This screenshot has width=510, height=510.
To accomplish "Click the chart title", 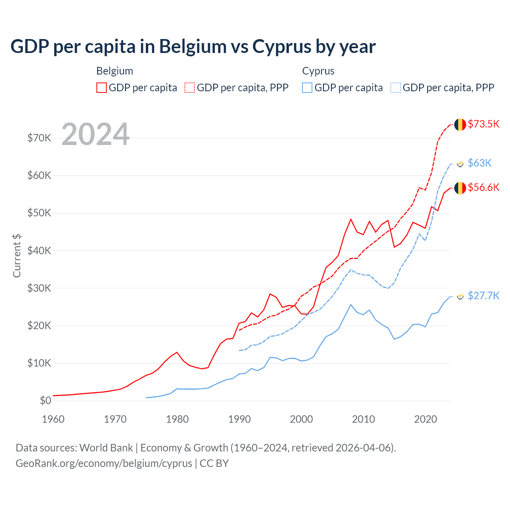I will pyautogui.click(x=193, y=47).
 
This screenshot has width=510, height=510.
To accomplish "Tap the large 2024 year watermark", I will pyautogui.click(x=96, y=134).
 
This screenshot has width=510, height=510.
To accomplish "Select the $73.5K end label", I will pyautogui.click(x=483, y=124).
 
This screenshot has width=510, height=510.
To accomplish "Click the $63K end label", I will pyautogui.click(x=480, y=163).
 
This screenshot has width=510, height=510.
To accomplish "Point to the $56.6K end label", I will pyautogui.click(x=483, y=187).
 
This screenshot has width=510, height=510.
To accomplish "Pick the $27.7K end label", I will pyautogui.click(x=483, y=295).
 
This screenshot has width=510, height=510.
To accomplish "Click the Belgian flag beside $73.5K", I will pyautogui.click(x=460, y=124).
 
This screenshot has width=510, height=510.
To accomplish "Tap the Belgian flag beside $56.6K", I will pyautogui.click(x=460, y=188).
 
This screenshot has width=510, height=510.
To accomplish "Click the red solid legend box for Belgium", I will pyautogui.click(x=102, y=88).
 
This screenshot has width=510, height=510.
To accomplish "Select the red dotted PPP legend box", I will pyautogui.click(x=190, y=88).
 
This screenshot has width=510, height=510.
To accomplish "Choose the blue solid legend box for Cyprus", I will pyautogui.click(x=307, y=88).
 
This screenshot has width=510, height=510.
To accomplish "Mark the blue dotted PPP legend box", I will pyautogui.click(x=396, y=88).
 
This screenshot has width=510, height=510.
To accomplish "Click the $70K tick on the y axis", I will pyautogui.click(x=39, y=138).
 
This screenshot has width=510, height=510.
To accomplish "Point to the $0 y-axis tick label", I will pyautogui.click(x=45, y=400).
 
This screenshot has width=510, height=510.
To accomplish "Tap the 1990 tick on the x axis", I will pyautogui.click(x=239, y=419).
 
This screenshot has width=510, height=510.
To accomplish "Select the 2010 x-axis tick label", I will pyautogui.click(x=363, y=419).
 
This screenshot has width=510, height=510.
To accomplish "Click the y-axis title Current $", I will pyautogui.click(x=17, y=255).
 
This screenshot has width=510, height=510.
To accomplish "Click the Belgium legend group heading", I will pyautogui.click(x=115, y=71).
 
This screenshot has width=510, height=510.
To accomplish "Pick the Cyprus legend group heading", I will pyautogui.click(x=318, y=71).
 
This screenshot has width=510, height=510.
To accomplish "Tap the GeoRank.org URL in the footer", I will pyautogui.click(x=104, y=463).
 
